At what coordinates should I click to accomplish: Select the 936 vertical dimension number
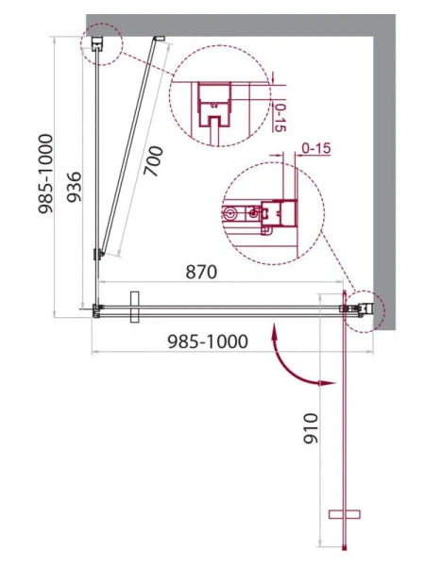click(x=85, y=191)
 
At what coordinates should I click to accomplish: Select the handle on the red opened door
click(x=344, y=514)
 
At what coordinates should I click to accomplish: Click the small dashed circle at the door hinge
click(x=362, y=308)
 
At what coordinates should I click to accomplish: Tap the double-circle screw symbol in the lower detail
click(x=229, y=214)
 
